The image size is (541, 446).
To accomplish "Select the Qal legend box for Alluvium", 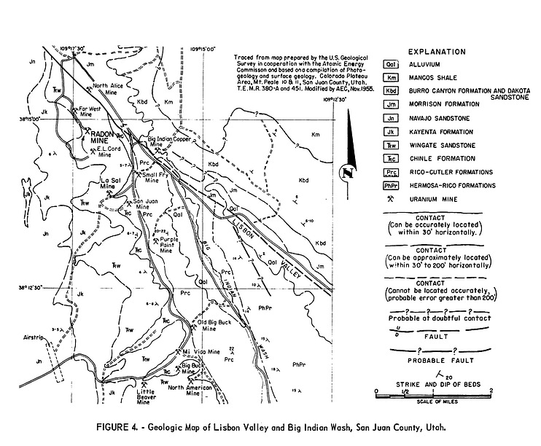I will point(392,64).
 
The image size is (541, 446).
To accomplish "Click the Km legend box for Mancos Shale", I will point(392,77).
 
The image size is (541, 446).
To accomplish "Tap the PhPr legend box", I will point(392,185).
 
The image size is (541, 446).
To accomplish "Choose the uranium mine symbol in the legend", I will point(392,199).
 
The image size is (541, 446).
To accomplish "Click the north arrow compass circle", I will point(348,173).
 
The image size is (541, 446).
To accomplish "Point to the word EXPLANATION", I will point(437,52).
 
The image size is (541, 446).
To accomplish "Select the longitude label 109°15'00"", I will point(203,50).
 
